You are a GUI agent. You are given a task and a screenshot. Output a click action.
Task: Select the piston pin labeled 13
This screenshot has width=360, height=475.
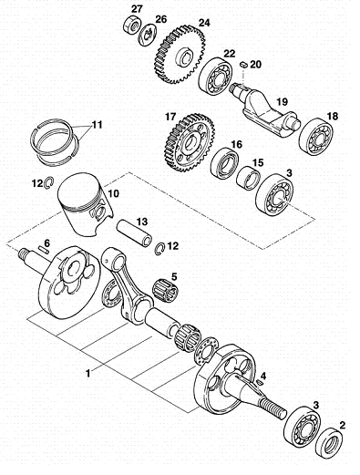pos(135,233)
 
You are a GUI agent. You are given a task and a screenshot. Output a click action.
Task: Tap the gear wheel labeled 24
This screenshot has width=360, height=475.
pos(179,55)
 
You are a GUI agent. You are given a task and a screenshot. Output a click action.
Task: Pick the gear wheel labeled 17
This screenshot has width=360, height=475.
pos(190,141)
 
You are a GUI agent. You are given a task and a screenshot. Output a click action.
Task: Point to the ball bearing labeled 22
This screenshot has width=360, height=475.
pos(215,75)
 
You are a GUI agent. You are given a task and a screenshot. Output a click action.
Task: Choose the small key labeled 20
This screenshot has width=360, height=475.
pos(243,64)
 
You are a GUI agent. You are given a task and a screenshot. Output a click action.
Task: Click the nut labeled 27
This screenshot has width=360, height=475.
pos(131,25)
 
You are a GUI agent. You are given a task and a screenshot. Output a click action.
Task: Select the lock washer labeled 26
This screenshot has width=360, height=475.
pos(148,34)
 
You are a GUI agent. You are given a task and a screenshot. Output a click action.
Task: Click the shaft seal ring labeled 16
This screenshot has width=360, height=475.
pos(224,163)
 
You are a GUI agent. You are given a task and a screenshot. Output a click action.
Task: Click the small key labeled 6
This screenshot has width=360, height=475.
pos(43,249)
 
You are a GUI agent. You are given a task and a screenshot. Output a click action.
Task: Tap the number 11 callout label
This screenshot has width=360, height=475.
pos(97,125)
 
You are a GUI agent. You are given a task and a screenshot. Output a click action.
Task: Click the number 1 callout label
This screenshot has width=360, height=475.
pos(88,373)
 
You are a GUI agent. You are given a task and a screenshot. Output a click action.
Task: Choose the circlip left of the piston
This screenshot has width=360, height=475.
pos(48,183)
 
